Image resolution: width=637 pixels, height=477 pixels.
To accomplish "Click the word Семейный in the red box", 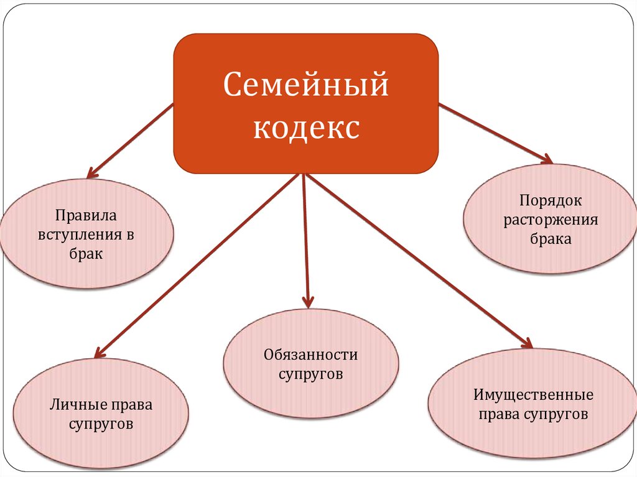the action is click(305, 85).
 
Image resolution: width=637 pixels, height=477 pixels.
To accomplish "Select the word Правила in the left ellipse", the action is click(86, 216).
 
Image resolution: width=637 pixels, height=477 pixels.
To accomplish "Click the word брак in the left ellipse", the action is click(86, 254).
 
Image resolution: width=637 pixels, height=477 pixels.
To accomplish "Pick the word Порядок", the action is click(551, 200).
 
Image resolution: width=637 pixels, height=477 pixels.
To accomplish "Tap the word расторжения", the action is click(551, 220).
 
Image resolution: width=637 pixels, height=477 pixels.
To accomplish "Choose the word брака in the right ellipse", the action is click(551, 239).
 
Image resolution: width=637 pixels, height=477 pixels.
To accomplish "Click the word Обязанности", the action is click(310, 355).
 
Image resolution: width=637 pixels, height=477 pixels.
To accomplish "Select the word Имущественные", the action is click(533, 395).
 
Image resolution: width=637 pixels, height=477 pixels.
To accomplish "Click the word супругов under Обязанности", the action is click(310, 374).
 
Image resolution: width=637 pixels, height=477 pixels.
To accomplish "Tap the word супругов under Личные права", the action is click(101, 425).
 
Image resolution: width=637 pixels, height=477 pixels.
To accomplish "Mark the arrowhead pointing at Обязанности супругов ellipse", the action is click(308, 302).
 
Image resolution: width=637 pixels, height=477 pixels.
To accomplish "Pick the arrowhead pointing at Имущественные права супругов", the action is click(528, 344).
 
